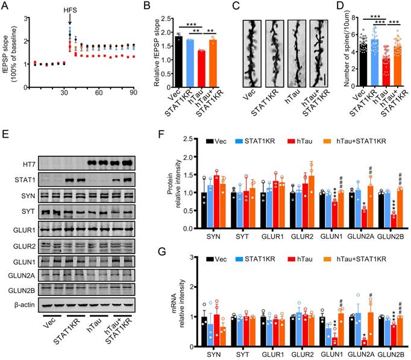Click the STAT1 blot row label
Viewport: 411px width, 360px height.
coord(22,179)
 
